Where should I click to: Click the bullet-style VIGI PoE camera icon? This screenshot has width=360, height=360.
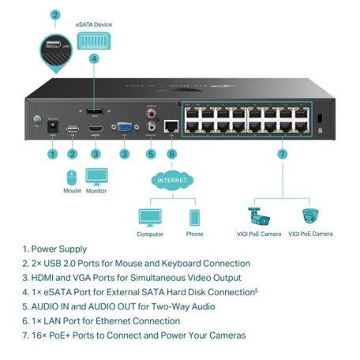coord(258,215)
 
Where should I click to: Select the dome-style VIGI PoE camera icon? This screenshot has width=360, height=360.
coord(310,215)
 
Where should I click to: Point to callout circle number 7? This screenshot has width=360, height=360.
coord(282,154)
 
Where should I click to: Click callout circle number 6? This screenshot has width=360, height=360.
coord(172,154)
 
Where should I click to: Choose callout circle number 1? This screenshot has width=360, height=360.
coord(52,154)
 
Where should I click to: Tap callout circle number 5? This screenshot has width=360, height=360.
coord(151,154)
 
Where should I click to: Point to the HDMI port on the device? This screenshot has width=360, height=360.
coord(96,129)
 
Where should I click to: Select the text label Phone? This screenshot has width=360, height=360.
coord(194,234)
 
